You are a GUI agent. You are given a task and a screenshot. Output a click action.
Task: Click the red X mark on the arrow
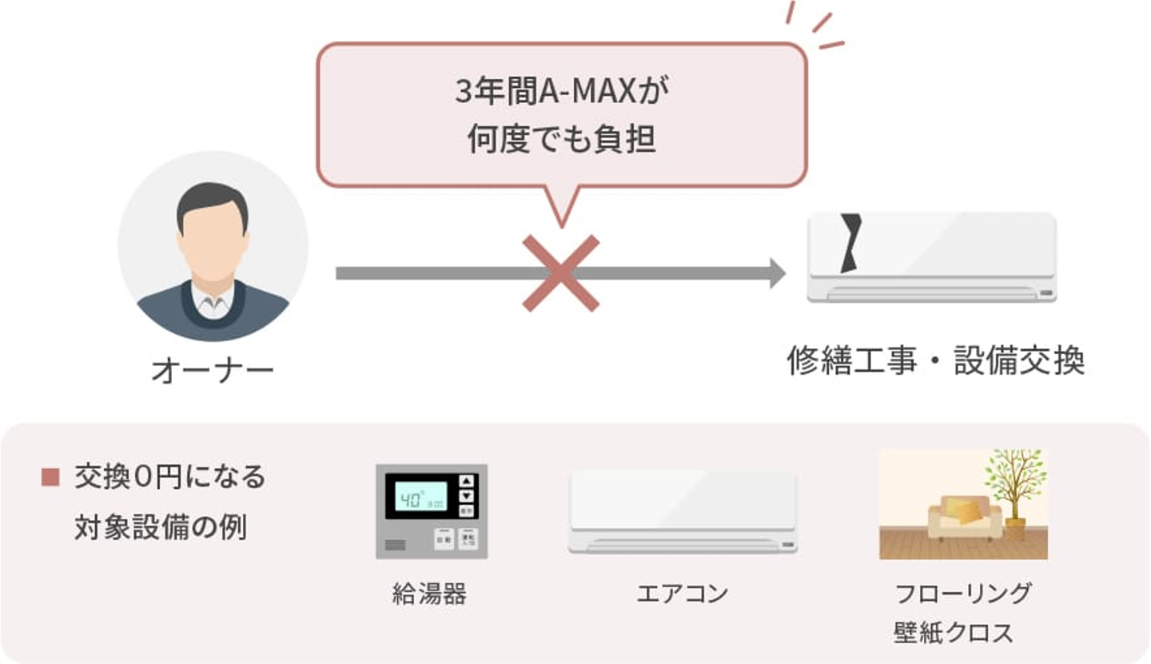pos(560,273)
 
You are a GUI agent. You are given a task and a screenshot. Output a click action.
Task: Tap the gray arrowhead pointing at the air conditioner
pos(778,273)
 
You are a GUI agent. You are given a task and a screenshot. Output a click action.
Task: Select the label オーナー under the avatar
pos(213,371)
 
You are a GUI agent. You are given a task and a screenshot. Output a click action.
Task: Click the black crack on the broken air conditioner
pos(850,243)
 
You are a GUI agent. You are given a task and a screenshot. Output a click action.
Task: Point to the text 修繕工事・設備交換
pos(936,360)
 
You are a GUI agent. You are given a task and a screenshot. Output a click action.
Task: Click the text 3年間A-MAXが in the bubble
pos(562,91)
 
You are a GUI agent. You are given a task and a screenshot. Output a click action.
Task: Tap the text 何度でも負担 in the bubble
pos(562,139)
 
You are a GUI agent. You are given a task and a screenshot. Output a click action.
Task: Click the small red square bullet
pos(50,477)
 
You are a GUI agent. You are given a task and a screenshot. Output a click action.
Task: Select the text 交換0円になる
pos(170,476)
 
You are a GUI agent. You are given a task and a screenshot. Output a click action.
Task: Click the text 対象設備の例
pos(161,527)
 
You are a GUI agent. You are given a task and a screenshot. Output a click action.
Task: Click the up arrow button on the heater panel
pos(467,481)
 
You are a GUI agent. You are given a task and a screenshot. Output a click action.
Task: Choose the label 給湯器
pos(429,594)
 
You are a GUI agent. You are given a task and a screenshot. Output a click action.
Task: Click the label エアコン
pos(683,594)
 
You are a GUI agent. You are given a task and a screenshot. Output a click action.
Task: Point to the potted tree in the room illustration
pos(1015,494)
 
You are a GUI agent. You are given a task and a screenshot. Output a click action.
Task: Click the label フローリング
pos(963,594)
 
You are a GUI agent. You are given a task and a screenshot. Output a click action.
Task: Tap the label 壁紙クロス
pos(954,633)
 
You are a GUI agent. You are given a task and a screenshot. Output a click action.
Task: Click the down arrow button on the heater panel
pos(467,496)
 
